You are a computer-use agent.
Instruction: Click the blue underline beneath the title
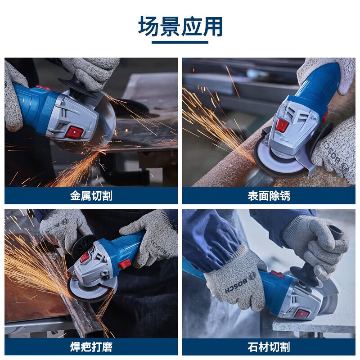click(180, 42)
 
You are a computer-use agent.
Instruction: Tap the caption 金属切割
click(91, 196)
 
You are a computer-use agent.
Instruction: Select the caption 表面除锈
click(269, 196)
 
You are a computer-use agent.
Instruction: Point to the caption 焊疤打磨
click(91, 346)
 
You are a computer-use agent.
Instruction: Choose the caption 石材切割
click(269, 346)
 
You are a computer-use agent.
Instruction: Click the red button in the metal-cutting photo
click(75, 132)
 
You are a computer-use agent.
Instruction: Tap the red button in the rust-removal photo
click(282, 126)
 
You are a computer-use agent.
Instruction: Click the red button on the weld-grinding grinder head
click(84, 258)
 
